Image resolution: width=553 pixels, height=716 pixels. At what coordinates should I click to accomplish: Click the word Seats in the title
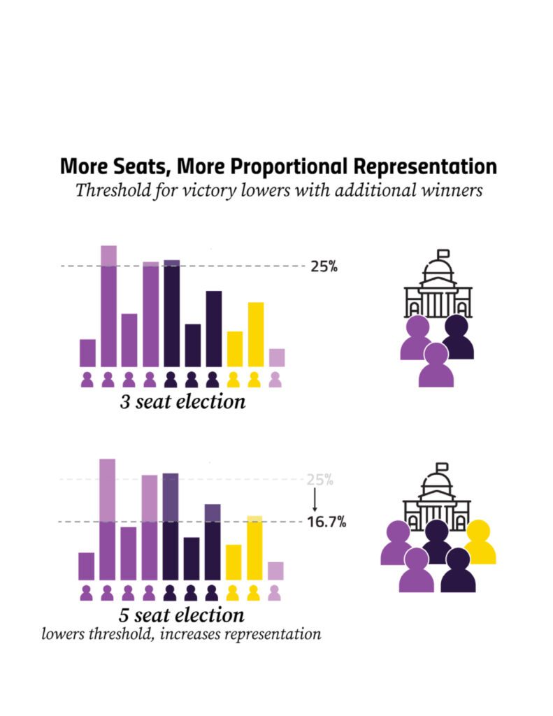[141, 166]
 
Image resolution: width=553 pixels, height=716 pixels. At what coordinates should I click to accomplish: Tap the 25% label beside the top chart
[324, 266]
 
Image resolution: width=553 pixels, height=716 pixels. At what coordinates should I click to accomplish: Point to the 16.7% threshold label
[326, 522]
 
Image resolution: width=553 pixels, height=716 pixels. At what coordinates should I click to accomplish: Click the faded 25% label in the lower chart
[319, 480]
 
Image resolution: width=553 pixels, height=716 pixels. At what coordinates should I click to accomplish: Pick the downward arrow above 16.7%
[315, 500]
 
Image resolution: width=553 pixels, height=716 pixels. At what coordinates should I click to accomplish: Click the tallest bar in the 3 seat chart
[108, 306]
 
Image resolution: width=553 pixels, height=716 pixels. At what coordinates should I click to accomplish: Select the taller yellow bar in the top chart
[256, 334]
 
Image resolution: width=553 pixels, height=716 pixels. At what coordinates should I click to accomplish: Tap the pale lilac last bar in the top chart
[277, 357]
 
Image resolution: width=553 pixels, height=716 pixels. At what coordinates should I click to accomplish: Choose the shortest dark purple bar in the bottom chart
[192, 559]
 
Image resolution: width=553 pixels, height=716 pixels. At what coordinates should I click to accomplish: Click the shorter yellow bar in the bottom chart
[234, 562]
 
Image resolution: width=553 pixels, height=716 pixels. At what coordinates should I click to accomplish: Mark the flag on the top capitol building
[443, 253]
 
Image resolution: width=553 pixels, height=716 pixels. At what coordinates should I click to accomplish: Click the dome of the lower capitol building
[436, 485]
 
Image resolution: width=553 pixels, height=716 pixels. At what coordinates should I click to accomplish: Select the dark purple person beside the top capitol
[457, 336]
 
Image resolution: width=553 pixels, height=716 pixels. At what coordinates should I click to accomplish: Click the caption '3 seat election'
[182, 402]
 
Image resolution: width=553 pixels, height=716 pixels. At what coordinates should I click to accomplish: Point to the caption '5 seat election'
[182, 615]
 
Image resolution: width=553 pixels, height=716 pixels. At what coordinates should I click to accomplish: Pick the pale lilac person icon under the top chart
[275, 380]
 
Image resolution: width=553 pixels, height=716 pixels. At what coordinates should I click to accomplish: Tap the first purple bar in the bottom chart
[86, 566]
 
